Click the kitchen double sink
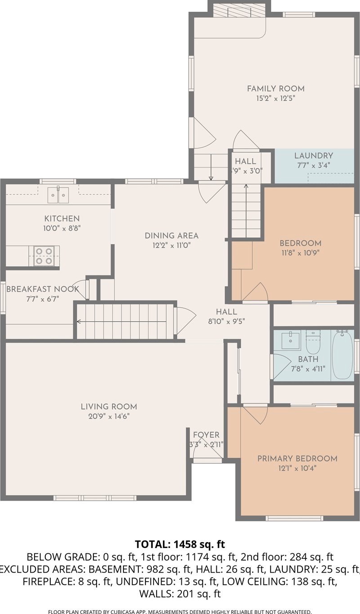click(x=58, y=195)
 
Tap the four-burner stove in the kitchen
click(x=44, y=256)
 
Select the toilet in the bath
click(x=313, y=342)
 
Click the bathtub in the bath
click(x=342, y=355)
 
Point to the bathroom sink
click(x=291, y=340)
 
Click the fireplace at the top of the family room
click(x=240, y=11)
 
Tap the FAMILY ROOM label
click(x=276, y=88)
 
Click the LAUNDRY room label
click(x=314, y=156)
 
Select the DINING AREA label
click(x=171, y=235)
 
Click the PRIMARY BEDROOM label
click(x=297, y=459)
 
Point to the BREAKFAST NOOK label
click(x=43, y=289)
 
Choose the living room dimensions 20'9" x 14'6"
click(x=109, y=416)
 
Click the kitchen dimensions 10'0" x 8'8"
click(x=62, y=228)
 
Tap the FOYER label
click(x=206, y=435)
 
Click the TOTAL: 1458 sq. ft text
click(x=180, y=544)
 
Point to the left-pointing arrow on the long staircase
click(x=122, y=321)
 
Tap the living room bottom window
click(x=95, y=498)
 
